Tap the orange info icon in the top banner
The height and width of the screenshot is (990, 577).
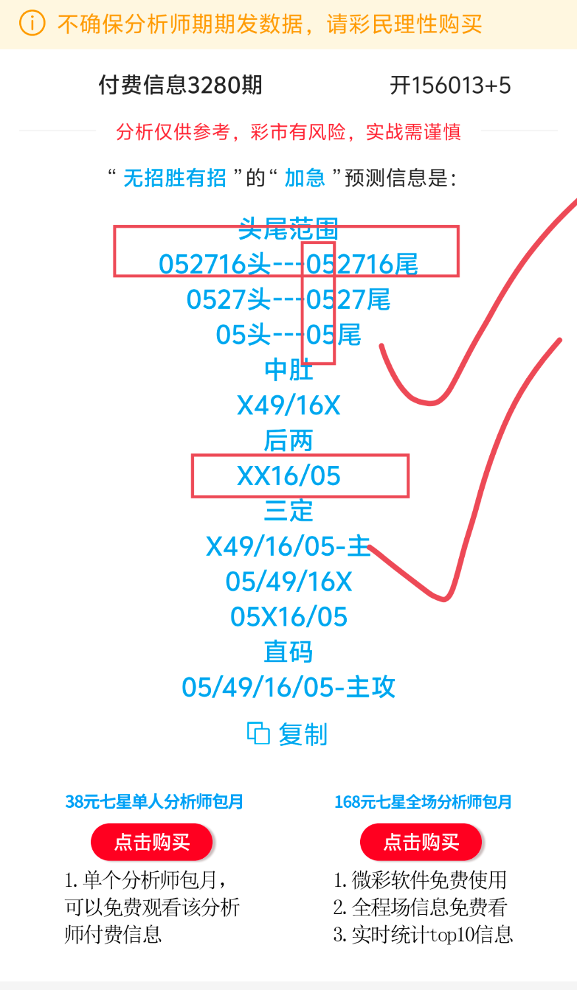[32, 24]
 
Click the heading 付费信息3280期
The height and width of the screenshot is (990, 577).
[180, 85]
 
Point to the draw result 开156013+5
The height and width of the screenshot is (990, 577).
[450, 85]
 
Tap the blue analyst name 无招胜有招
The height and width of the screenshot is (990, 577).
[175, 178]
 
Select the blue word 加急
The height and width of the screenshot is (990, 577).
[305, 178]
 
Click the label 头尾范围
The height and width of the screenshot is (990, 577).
[288, 229]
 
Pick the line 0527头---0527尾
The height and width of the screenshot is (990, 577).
[288, 300]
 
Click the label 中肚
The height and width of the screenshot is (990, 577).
[288, 370]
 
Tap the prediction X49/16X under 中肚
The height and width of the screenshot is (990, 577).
[288, 405]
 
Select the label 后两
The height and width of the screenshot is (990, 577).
[288, 441]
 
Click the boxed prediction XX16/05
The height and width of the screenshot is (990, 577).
[288, 476]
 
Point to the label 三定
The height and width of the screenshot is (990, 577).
[288, 511]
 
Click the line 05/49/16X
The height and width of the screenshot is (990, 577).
[288, 581]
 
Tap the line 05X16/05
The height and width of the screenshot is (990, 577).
[288, 617]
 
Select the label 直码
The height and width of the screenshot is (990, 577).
[288, 652]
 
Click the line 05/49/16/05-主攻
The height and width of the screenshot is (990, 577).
[288, 688]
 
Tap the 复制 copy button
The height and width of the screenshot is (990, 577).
[288, 734]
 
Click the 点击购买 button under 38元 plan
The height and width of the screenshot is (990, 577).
[152, 842]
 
